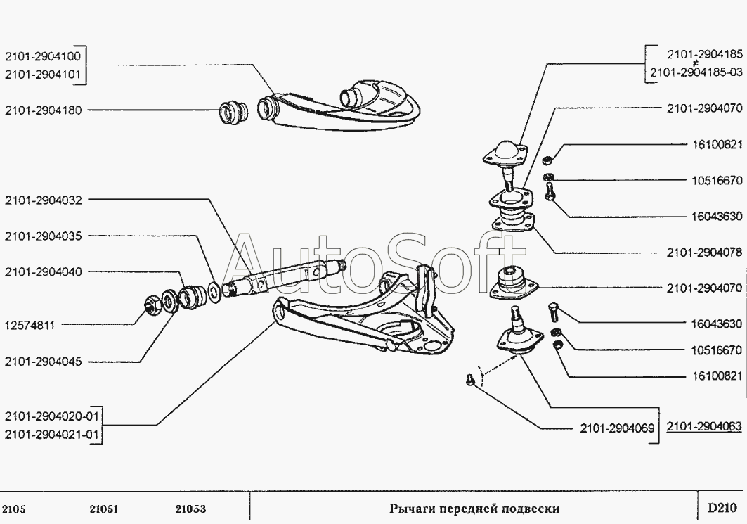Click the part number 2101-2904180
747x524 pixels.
click(x=44, y=110)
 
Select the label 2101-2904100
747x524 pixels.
click(x=43, y=56)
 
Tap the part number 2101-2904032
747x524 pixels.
click(x=44, y=200)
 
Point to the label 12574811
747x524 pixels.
click(x=30, y=326)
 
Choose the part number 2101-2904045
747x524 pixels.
click(x=44, y=362)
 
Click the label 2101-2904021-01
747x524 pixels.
click(x=52, y=435)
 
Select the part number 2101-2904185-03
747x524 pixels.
click(x=696, y=72)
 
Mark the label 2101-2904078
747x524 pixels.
click(x=705, y=253)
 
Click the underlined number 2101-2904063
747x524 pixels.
click(x=704, y=426)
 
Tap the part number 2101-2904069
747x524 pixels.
click(x=618, y=428)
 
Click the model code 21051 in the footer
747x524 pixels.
click(x=103, y=509)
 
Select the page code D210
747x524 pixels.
click(x=722, y=508)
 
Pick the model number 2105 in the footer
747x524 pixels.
click(x=14, y=509)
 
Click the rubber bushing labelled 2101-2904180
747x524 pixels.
click(x=233, y=113)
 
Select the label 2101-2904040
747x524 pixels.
click(x=44, y=271)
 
